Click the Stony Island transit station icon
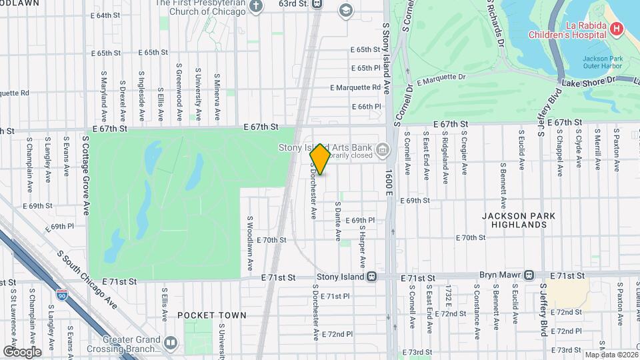tap(372, 276)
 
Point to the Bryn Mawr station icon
tap(529, 275)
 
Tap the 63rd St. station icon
tap(317, 4)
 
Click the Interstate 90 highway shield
tap(63, 294)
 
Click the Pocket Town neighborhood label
tap(212, 315)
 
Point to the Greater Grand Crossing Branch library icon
tap(171, 343)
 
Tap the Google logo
tap(22, 351)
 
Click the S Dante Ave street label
tap(338, 221)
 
